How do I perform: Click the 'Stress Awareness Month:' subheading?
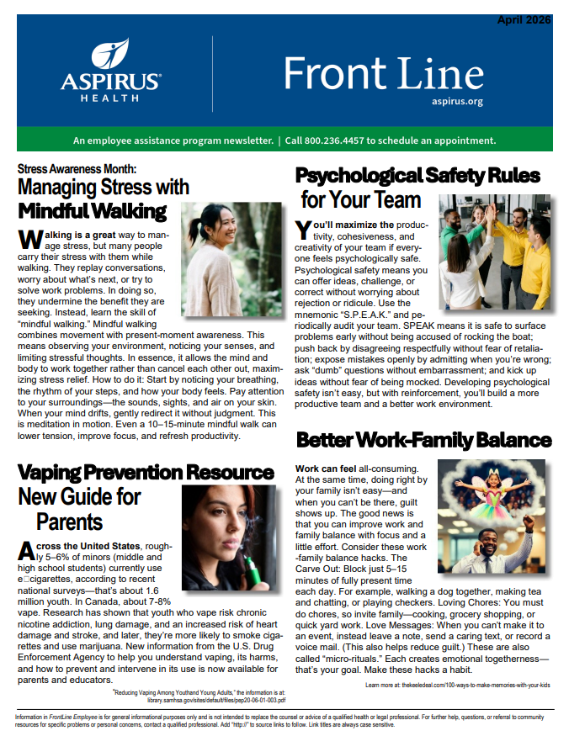(x=82, y=168)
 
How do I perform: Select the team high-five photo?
(x=495, y=240)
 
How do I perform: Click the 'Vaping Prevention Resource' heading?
(x=146, y=473)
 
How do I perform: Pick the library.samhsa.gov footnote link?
(x=215, y=699)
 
